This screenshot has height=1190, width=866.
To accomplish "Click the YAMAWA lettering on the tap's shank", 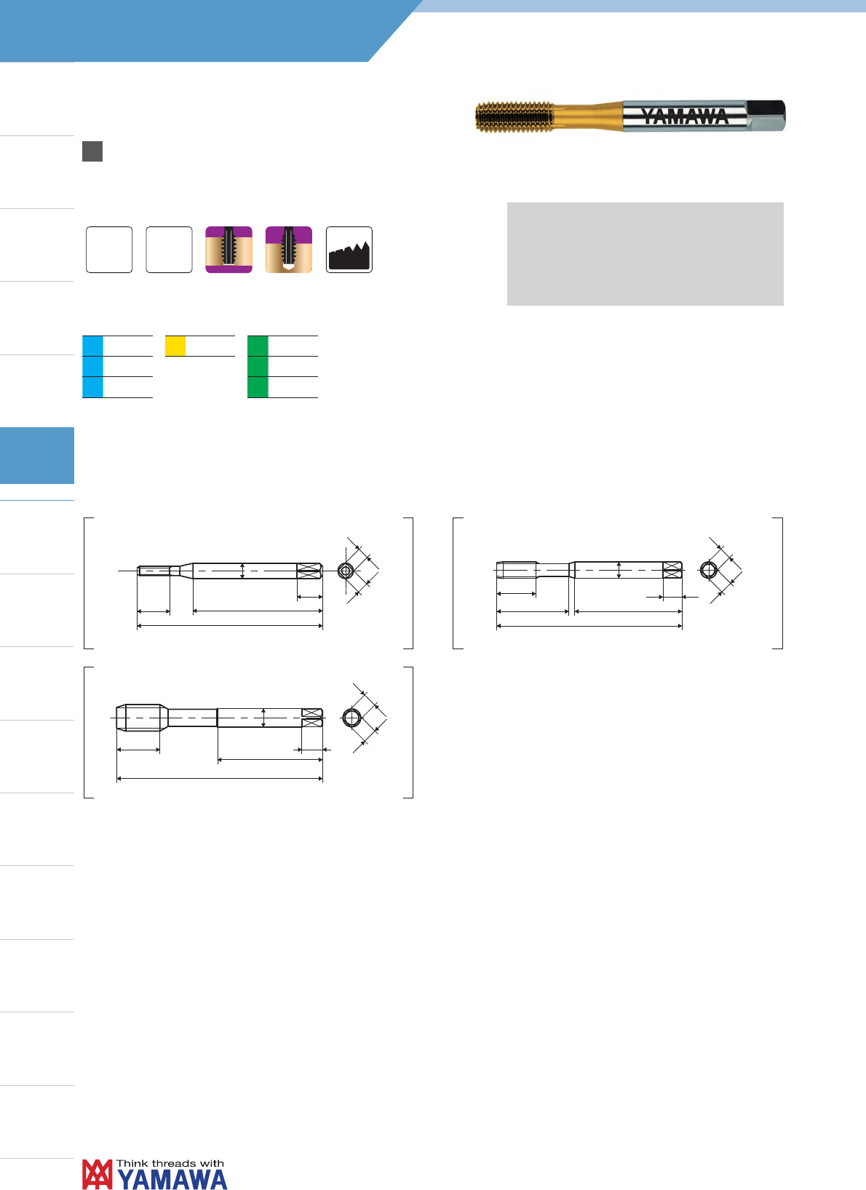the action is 684,116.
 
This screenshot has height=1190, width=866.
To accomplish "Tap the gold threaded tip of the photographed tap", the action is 515,116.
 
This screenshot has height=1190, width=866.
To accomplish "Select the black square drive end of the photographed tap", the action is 766,115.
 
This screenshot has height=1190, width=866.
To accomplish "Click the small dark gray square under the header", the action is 92,151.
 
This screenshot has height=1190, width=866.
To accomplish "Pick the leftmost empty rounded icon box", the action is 109,250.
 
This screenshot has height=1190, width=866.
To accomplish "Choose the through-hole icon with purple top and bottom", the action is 229,250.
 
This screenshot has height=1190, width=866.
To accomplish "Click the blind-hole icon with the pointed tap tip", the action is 288,250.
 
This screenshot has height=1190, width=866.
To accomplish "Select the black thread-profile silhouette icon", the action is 349,250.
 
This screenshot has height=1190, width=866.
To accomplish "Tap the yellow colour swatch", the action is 175,346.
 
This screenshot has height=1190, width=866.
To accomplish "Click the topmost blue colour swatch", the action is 92,346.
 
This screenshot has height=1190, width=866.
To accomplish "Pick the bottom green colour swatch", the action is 258,387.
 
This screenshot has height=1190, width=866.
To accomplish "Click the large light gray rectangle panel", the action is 645,254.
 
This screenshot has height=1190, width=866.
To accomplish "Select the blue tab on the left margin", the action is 37,456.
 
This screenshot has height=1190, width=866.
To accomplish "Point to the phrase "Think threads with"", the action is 170,1164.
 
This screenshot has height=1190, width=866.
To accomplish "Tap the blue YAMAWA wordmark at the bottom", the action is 172,1179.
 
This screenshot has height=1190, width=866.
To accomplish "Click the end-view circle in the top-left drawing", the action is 346,571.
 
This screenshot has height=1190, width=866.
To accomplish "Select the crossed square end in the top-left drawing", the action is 309,571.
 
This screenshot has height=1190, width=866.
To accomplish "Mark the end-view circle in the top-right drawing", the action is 708,570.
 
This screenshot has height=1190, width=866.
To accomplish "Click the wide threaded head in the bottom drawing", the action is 139,718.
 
